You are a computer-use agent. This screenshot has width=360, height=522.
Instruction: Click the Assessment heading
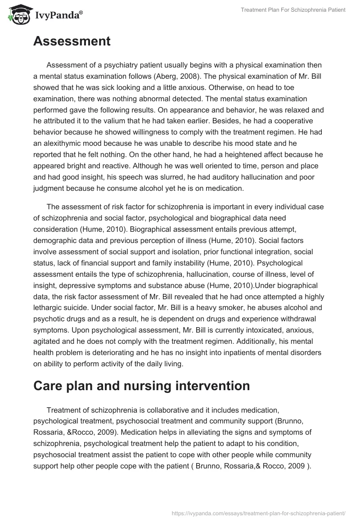72,41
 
